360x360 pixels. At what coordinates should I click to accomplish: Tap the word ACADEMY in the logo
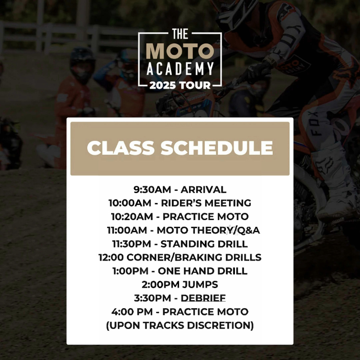(180, 68)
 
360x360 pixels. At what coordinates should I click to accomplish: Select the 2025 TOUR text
(180, 85)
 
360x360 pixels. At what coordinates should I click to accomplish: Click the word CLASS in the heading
(121, 148)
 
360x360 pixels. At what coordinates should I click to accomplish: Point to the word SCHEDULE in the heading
(217, 148)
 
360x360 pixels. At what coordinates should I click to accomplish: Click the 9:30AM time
(153, 189)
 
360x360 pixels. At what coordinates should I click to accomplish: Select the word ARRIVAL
(203, 189)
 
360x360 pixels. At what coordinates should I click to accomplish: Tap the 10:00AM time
(130, 203)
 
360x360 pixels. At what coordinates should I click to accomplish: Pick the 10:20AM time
(132, 217)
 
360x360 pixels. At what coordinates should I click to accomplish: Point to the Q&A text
(249, 230)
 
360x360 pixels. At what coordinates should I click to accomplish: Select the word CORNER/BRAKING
(175, 257)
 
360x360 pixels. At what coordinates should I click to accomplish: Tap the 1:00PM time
(130, 271)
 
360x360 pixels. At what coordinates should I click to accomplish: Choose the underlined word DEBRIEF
(203, 298)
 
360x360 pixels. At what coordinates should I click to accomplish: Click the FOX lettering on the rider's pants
(314, 124)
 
